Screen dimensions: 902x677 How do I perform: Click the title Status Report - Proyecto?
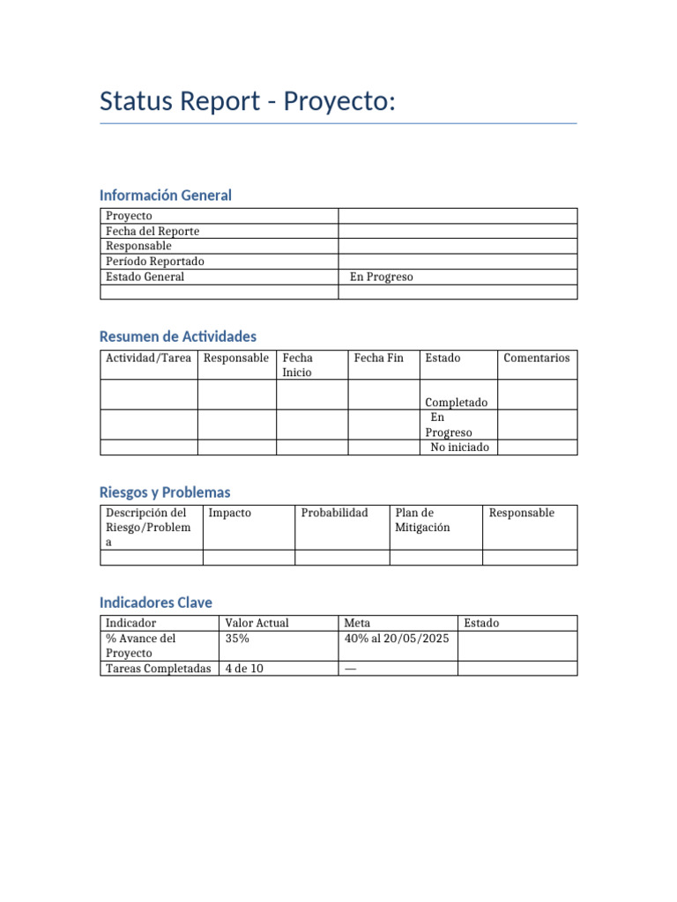[x=248, y=101]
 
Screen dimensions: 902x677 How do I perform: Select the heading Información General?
[x=166, y=195]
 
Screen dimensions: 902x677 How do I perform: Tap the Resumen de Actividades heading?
[x=178, y=336]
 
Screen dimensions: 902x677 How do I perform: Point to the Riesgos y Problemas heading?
[x=165, y=492]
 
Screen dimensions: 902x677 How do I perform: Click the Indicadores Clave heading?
[x=156, y=603]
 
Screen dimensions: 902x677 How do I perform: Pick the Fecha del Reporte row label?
[x=153, y=231]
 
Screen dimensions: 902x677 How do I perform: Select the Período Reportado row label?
[x=154, y=262]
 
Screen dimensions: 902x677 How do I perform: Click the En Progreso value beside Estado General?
[x=381, y=277]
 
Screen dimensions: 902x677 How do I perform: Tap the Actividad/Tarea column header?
[x=148, y=358]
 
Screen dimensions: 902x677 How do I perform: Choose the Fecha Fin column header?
[x=378, y=358]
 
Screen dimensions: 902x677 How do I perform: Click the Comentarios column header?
[x=536, y=358]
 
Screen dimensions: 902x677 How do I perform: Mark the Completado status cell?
[x=456, y=403]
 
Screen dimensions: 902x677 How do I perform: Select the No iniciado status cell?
[x=458, y=447]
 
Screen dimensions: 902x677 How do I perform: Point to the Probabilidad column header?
[x=334, y=513]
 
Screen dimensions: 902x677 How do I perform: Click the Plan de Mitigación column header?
[x=423, y=520]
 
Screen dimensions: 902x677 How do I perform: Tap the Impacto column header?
[x=229, y=513]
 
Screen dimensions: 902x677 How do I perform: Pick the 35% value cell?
[x=237, y=639]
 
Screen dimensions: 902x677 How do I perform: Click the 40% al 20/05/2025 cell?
[x=397, y=639]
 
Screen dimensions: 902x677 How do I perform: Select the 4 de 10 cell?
[x=244, y=669]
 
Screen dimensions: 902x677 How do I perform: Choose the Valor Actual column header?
[x=257, y=623]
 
